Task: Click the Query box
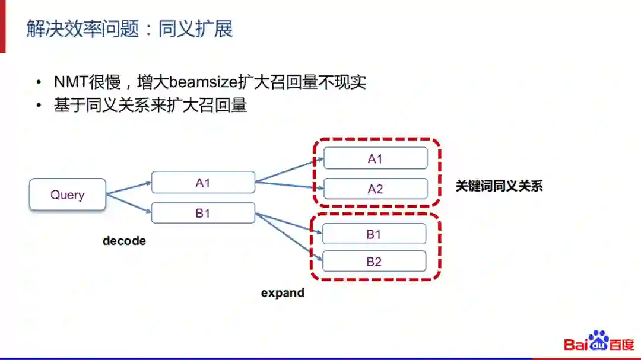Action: (x=68, y=195)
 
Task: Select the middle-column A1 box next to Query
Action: (x=203, y=183)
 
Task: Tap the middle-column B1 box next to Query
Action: (x=203, y=213)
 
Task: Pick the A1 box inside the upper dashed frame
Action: (x=375, y=158)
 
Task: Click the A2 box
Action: (x=375, y=189)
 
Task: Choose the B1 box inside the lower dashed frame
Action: (x=374, y=234)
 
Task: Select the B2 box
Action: (x=374, y=262)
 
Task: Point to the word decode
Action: (x=124, y=241)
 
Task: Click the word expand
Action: (x=283, y=292)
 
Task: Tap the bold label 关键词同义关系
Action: (x=499, y=186)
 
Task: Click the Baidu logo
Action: (x=598, y=342)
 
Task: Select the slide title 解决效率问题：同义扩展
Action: (x=129, y=28)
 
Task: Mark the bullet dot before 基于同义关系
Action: (x=39, y=106)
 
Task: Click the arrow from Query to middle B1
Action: (x=129, y=203)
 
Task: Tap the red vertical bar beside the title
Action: (x=2, y=26)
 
